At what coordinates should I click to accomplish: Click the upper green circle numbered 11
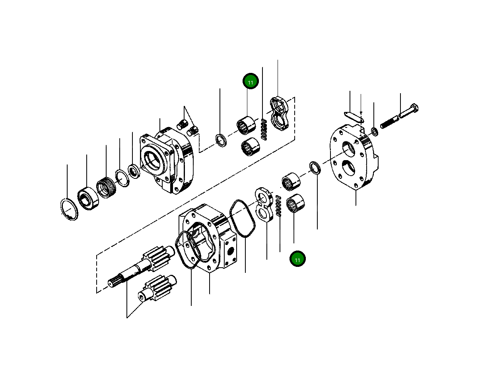point(251,82)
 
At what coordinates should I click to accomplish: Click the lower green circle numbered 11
point(297,259)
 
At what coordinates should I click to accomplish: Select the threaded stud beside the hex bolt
point(389,121)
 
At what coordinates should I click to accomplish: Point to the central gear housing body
point(207,239)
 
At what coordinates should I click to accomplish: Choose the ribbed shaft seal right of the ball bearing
point(105,188)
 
